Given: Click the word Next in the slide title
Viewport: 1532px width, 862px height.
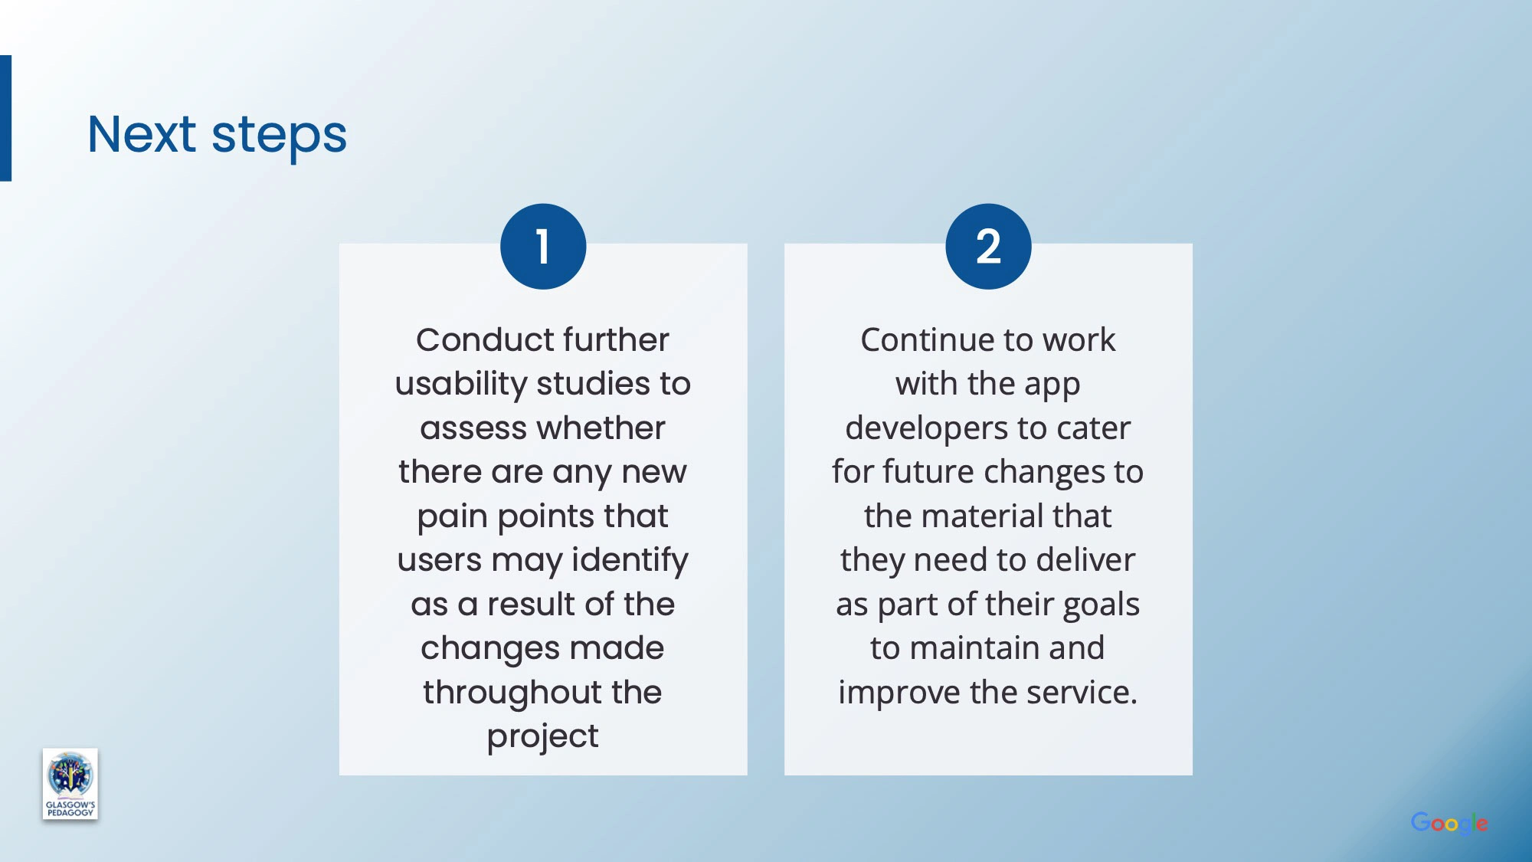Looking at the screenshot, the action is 142,134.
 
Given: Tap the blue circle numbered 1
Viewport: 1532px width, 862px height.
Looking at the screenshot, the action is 543,246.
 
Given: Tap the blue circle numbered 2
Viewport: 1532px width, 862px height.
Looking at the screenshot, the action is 988,246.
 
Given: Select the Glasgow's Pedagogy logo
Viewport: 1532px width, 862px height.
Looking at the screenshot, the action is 70,784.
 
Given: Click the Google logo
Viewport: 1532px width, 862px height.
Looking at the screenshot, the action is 1449,824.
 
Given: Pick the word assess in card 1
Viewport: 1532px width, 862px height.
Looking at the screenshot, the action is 469,428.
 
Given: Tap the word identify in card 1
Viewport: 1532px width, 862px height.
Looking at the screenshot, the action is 630,561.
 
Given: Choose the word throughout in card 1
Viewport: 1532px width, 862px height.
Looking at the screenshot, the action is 512,693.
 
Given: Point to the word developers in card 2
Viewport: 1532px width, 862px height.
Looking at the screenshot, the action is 926,428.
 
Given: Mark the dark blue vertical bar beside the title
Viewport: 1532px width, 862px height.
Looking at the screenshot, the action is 5,118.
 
